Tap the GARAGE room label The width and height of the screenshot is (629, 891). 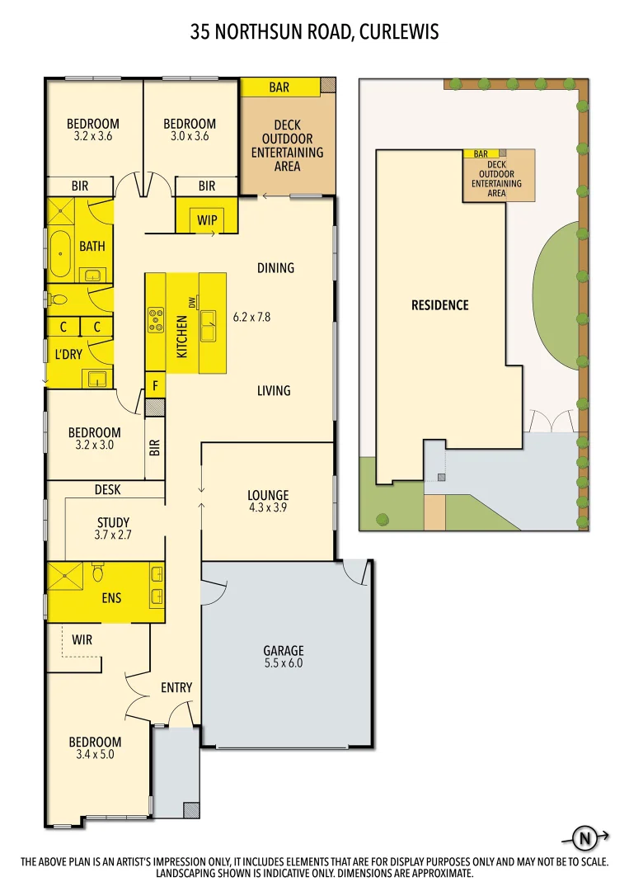(284, 650)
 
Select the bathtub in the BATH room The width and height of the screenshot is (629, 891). (59, 253)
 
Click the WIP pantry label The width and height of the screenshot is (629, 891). (207, 219)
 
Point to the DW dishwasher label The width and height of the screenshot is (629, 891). (191, 304)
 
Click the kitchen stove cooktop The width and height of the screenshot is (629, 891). (155, 319)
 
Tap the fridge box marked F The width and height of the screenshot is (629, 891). (155, 384)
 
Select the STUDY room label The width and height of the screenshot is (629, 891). (113, 522)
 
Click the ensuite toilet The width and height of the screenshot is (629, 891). (97, 572)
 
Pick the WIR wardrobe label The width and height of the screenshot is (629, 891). (82, 639)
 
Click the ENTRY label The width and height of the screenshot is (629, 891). (176, 687)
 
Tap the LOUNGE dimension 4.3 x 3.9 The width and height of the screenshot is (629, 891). (268, 508)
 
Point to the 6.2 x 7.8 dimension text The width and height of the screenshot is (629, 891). (251, 316)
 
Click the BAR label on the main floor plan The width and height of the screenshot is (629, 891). (279, 87)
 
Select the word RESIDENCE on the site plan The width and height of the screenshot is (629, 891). (439, 305)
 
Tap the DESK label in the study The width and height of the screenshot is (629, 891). (107, 490)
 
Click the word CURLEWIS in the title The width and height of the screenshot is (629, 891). (398, 32)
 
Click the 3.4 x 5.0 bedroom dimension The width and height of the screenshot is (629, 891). (95, 755)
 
